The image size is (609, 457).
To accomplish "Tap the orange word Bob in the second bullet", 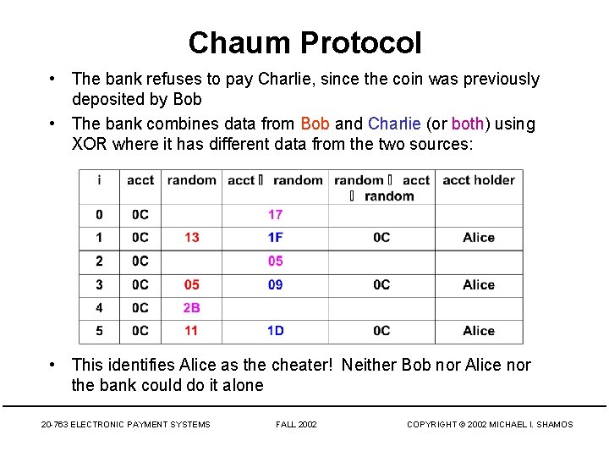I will pos(315,124).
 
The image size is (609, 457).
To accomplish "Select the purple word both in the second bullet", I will pos(468,124).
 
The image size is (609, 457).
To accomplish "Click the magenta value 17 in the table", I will pos(275,215).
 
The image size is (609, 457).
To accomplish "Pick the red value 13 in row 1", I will pos(192,238).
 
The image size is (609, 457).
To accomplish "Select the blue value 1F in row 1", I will pos(275,238).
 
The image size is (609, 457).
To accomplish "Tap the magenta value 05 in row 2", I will pos(275,261).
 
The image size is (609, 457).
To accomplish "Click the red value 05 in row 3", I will pos(192,284).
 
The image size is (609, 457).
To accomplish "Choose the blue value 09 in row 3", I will pos(275,284).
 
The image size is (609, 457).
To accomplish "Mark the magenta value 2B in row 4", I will pos(192,307).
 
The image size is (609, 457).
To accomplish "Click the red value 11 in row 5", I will pos(192,330).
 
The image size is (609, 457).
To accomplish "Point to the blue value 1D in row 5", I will pos(275,330).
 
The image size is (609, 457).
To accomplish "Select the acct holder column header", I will pos(479,180).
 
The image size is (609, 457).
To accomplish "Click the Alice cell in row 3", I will pos(479,284).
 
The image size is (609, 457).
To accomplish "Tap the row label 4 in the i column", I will pos(99,307).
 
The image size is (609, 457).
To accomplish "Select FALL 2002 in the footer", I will pos(296,424).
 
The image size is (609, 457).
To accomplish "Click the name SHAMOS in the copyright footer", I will pos(554,424).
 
